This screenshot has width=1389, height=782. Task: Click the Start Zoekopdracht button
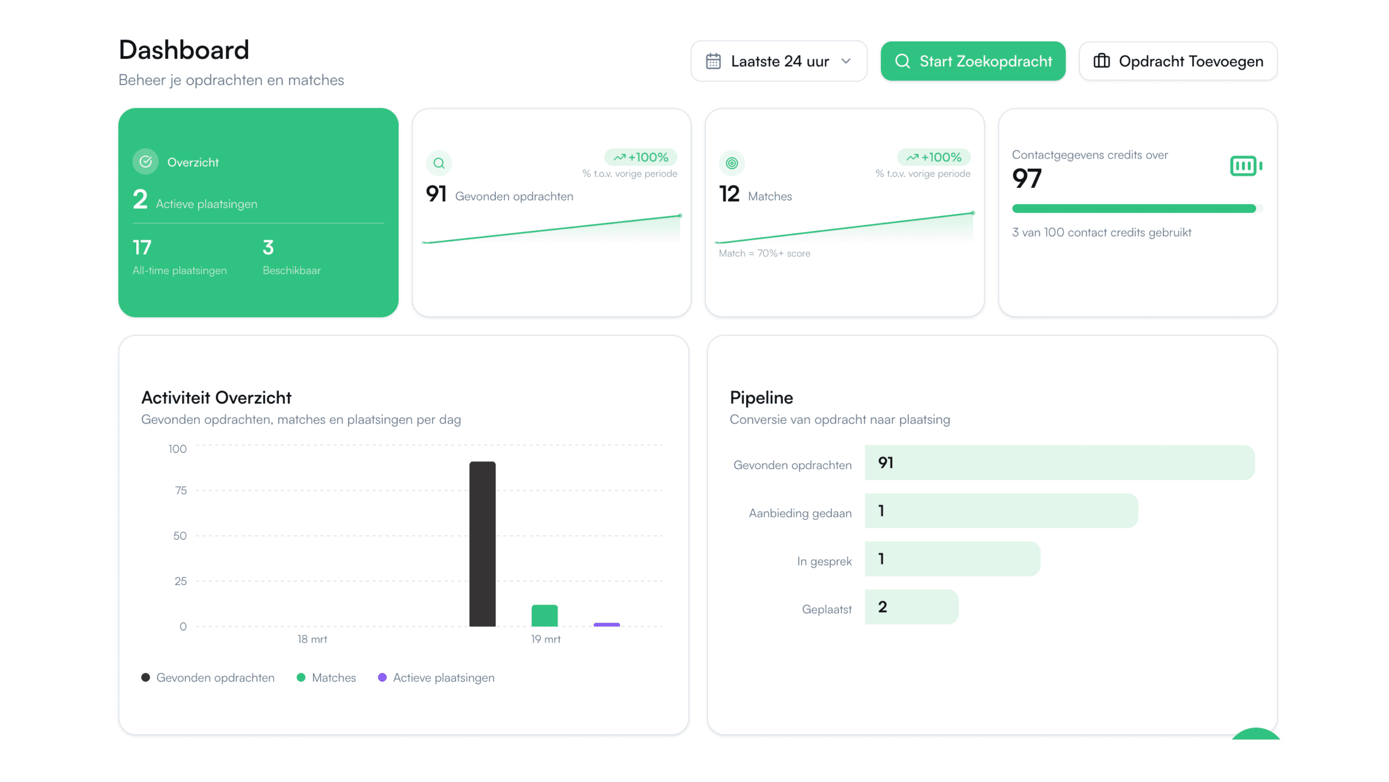973,61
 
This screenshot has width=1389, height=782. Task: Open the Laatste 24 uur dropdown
779,61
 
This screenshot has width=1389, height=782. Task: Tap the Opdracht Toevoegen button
1178,61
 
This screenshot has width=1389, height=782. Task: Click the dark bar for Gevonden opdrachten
482,543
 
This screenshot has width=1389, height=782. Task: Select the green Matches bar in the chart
544,616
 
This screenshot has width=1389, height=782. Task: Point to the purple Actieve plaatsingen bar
607,624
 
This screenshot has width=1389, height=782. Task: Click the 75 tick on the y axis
181,490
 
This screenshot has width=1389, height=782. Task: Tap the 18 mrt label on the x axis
312,639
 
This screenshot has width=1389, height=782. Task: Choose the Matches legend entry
327,677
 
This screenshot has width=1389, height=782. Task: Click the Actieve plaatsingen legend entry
436,677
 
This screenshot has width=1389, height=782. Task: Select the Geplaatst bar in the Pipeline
911,606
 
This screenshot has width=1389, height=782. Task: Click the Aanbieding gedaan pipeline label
800,513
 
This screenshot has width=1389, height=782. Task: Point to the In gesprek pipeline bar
952,559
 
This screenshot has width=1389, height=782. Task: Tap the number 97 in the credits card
1027,179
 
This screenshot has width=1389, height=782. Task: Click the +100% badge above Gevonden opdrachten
641,157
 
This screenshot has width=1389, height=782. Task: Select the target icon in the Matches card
732,163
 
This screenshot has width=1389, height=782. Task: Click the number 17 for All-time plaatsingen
142,247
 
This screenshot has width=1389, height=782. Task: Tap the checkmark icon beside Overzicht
145,161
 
